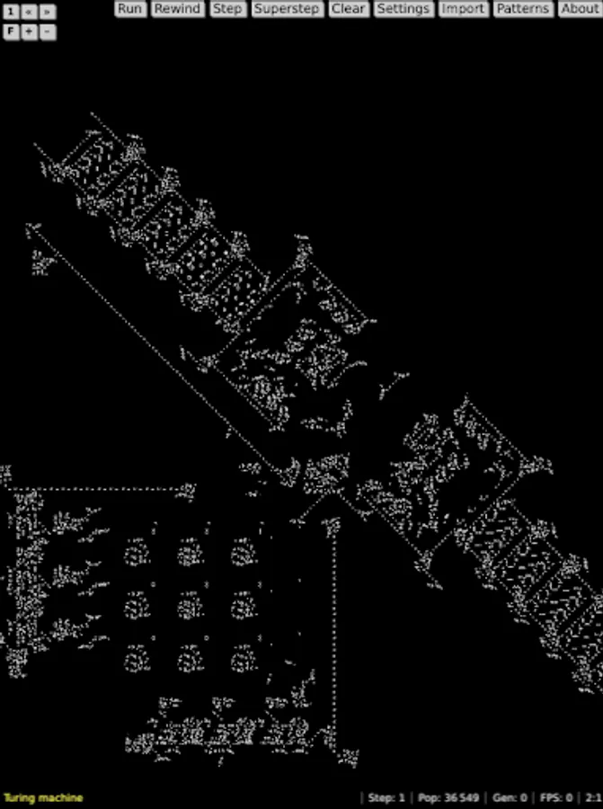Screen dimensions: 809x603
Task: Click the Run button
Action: click(130, 9)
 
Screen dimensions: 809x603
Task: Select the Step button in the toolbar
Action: click(227, 9)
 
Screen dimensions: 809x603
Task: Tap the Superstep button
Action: click(287, 9)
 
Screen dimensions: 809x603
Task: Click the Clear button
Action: click(348, 9)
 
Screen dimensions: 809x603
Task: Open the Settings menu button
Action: click(403, 9)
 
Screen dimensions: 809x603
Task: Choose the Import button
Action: click(463, 9)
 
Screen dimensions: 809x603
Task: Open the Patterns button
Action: click(522, 9)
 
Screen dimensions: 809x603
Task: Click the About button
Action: click(580, 9)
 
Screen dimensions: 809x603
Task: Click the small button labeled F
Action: click(11, 31)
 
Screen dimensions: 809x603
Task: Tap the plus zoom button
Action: click(29, 31)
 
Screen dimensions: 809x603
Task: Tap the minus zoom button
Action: click(47, 31)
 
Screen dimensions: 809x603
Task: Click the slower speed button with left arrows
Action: click(29, 12)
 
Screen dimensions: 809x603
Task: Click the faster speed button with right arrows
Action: click(47, 12)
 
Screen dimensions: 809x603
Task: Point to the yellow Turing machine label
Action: click(43, 797)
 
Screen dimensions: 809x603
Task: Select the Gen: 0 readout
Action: click(510, 797)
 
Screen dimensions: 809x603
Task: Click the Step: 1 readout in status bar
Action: click(386, 797)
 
